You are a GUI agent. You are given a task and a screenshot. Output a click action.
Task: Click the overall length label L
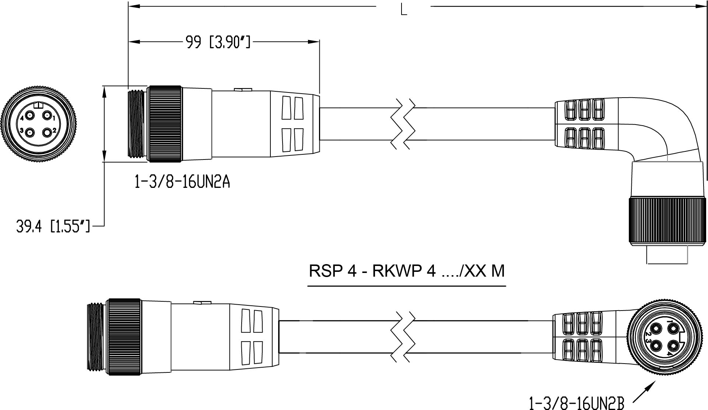[x=404, y=10]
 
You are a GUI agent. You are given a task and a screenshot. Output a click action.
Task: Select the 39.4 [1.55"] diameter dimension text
[x=53, y=227]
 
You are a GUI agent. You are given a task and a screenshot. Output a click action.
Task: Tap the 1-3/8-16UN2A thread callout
[x=182, y=182]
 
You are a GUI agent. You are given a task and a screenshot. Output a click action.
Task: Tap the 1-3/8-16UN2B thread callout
[x=576, y=403]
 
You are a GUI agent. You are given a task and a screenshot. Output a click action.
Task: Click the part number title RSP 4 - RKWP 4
[x=407, y=271]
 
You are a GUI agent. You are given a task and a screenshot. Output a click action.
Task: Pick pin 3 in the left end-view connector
[x=29, y=132]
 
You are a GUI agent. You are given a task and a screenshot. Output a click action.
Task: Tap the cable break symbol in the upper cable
[x=404, y=124]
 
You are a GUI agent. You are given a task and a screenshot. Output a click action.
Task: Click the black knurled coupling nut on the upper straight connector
[x=164, y=124]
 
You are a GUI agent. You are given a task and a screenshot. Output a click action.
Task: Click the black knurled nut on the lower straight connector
[x=124, y=337]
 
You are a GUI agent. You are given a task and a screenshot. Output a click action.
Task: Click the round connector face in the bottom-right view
[x=659, y=337]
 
